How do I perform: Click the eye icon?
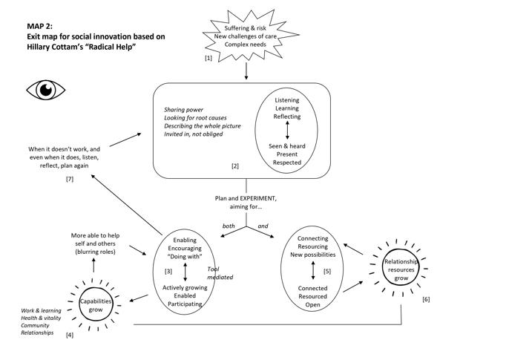click(46, 90)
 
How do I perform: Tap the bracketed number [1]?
click(208, 57)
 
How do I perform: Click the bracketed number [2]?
click(234, 166)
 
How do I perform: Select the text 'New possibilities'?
click(312, 255)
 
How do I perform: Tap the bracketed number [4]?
click(70, 336)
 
